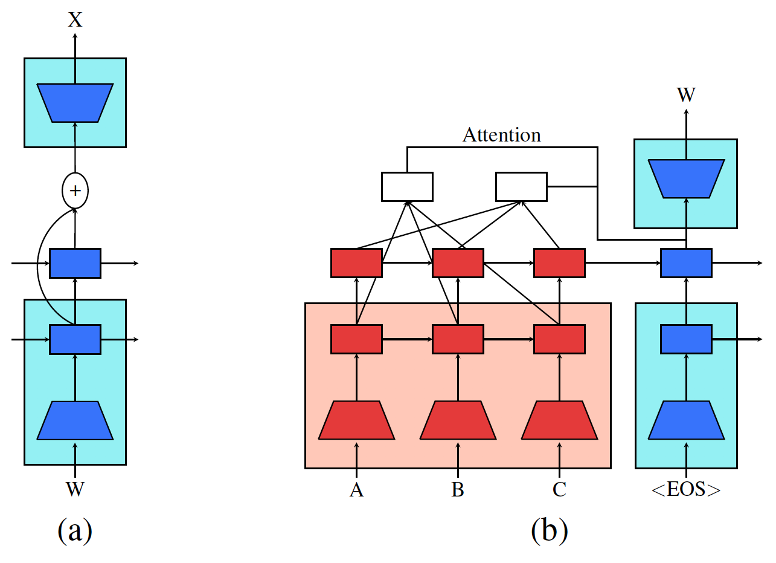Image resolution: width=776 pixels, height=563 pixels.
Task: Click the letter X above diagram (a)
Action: (75, 20)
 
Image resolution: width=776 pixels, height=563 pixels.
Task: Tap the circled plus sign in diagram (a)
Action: (75, 190)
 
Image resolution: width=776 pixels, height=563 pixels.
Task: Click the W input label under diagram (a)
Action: (75, 489)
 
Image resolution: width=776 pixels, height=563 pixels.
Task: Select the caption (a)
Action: (75, 530)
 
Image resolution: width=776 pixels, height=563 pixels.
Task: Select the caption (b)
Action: (549, 530)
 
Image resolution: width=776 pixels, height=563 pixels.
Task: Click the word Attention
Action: (501, 135)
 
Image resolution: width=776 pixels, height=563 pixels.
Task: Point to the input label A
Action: (356, 489)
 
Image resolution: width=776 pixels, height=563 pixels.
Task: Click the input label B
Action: (458, 489)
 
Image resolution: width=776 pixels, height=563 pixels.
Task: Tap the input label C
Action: (559, 489)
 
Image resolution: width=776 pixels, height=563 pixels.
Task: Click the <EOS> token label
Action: (686, 489)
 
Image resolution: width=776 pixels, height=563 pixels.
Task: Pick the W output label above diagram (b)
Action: (686, 96)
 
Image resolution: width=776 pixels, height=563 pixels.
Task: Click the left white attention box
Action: (407, 186)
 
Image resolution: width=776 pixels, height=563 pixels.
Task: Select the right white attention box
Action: (521, 186)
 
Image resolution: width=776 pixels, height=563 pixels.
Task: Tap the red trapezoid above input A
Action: (356, 420)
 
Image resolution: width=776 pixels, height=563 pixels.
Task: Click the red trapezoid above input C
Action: (559, 420)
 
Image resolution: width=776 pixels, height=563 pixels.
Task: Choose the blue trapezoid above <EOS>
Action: (686, 420)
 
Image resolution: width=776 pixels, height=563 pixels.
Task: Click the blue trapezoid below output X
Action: (75, 103)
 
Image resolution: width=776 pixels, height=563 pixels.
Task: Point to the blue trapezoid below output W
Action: (686, 178)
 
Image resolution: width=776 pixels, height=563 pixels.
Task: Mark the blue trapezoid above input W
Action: (75, 420)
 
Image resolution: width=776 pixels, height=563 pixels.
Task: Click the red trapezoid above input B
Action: (458, 420)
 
